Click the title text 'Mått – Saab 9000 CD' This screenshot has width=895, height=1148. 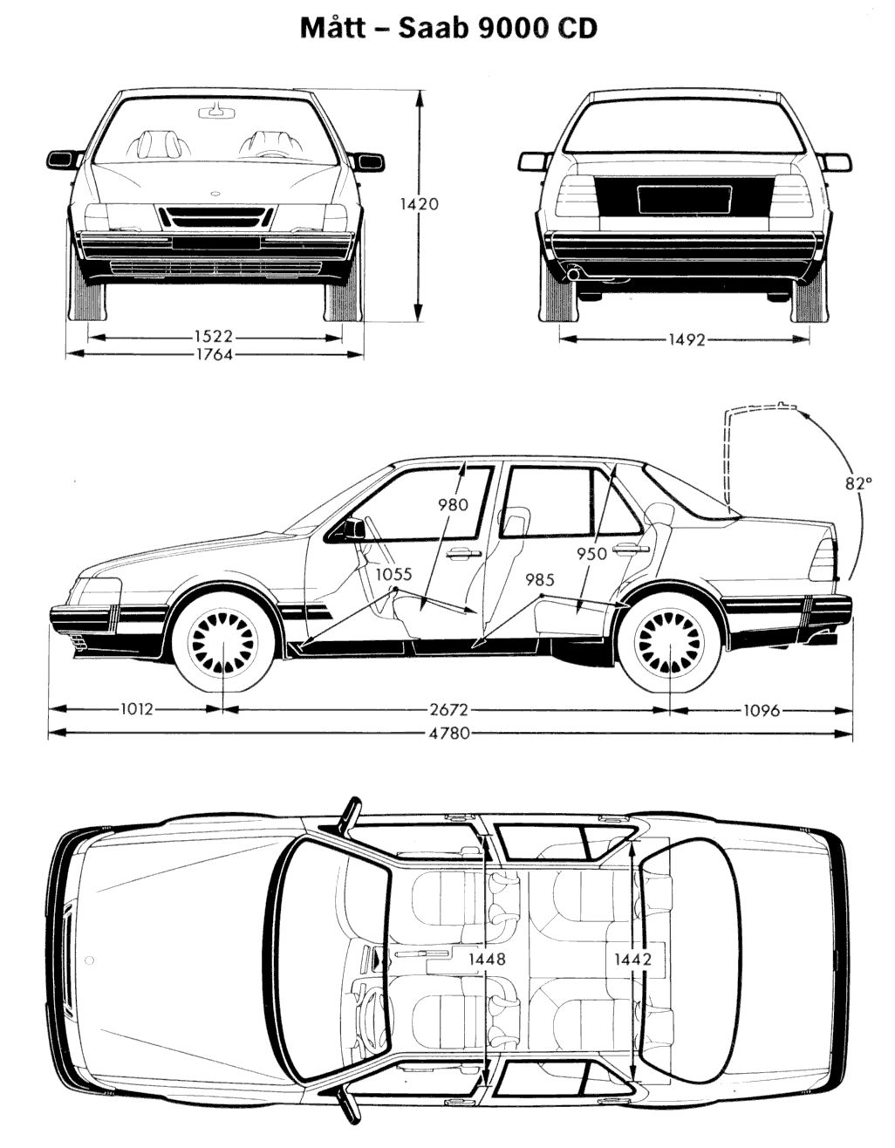[x=448, y=28]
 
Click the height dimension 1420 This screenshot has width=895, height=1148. [x=419, y=204]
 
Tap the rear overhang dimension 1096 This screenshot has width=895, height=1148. [x=761, y=710]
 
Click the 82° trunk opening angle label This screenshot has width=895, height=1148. [x=858, y=482]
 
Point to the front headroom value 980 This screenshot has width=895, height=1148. [x=454, y=503]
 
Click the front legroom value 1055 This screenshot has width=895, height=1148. [x=394, y=575]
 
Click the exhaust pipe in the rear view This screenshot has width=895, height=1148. [x=574, y=275]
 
